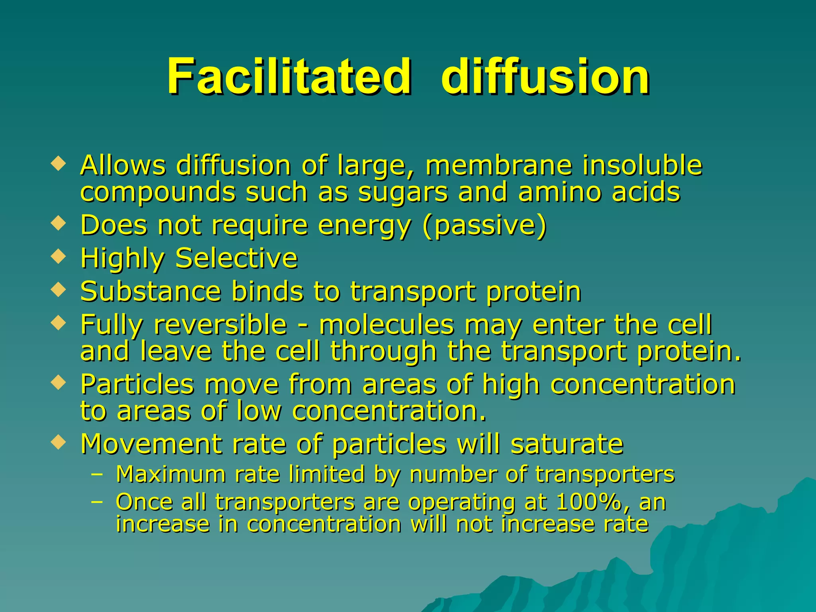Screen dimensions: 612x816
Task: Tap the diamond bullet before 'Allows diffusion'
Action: [59, 164]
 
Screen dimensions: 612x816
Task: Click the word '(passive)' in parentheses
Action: [484, 226]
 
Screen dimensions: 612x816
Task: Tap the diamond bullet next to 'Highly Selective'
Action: [59, 256]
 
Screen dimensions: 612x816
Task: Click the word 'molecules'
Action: [386, 325]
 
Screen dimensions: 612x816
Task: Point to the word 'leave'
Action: [176, 351]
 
